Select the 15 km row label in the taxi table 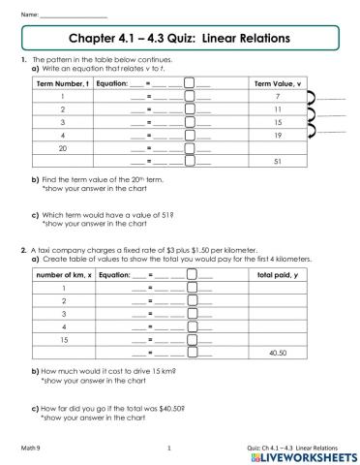pos(63,339)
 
